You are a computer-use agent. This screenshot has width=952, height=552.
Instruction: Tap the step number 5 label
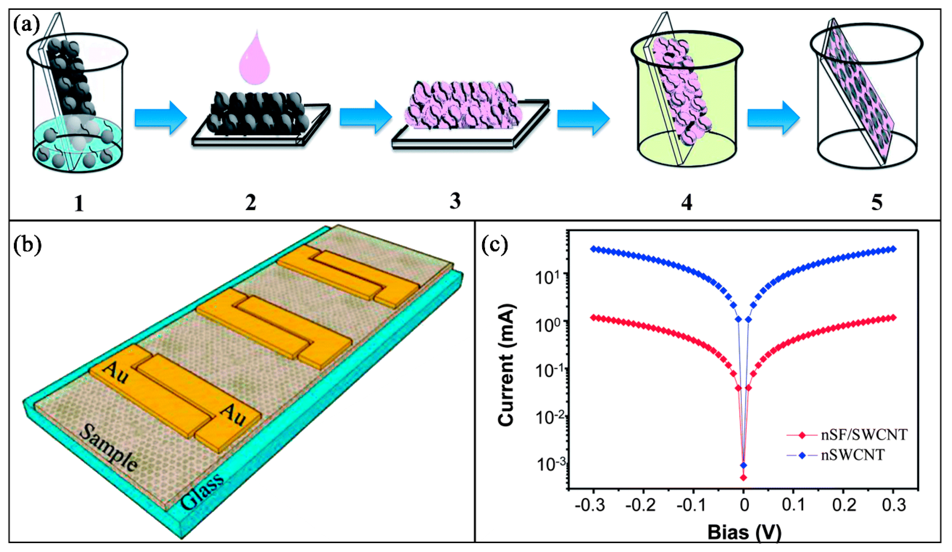coord(877,202)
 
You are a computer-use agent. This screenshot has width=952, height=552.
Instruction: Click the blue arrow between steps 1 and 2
coord(160,117)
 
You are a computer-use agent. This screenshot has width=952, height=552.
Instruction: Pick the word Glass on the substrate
coord(202,491)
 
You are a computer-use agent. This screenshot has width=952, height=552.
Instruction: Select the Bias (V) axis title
coord(744,533)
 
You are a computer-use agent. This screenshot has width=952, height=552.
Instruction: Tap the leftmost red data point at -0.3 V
coord(593,318)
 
